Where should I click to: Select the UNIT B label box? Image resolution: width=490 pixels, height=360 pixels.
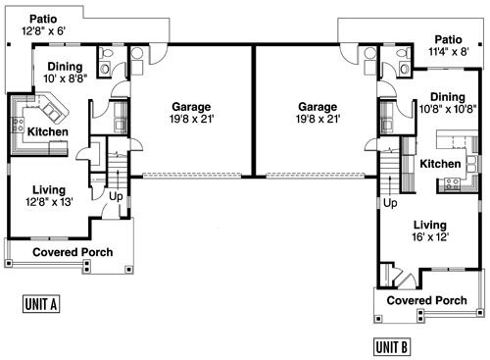click(392, 346)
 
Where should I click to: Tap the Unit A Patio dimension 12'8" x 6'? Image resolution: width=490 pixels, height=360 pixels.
click(42, 32)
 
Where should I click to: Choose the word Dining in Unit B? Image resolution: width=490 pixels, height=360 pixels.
click(447, 96)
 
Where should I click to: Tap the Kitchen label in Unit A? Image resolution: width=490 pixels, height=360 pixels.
click(47, 131)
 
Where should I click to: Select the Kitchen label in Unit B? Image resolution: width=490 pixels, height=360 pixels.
click(440, 164)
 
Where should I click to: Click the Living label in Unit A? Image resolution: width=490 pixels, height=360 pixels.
click(48, 188)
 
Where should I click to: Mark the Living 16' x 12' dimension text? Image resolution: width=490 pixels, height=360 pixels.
click(429, 236)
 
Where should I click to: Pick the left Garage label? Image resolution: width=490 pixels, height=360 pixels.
click(191, 107)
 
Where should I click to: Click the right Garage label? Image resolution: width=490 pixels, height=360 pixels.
click(316, 107)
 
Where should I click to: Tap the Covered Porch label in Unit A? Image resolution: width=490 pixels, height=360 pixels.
click(73, 252)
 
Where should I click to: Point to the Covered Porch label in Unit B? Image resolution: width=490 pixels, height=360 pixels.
click(426, 300)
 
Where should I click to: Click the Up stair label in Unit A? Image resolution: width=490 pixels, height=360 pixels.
click(116, 196)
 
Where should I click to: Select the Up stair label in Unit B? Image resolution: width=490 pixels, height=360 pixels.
click(390, 203)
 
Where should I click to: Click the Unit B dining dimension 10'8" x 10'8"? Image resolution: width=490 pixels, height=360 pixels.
click(446, 109)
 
